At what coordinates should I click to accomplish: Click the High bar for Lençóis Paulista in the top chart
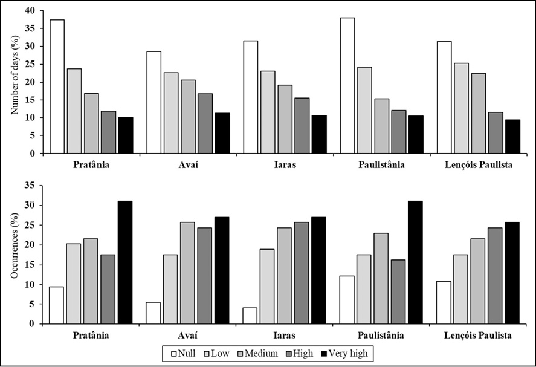495,132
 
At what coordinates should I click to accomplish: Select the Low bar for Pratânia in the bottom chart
74,284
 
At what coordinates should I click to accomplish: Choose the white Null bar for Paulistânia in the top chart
347,85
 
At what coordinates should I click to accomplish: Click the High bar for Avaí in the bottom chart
204,276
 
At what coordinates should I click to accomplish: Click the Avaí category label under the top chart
188,164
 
